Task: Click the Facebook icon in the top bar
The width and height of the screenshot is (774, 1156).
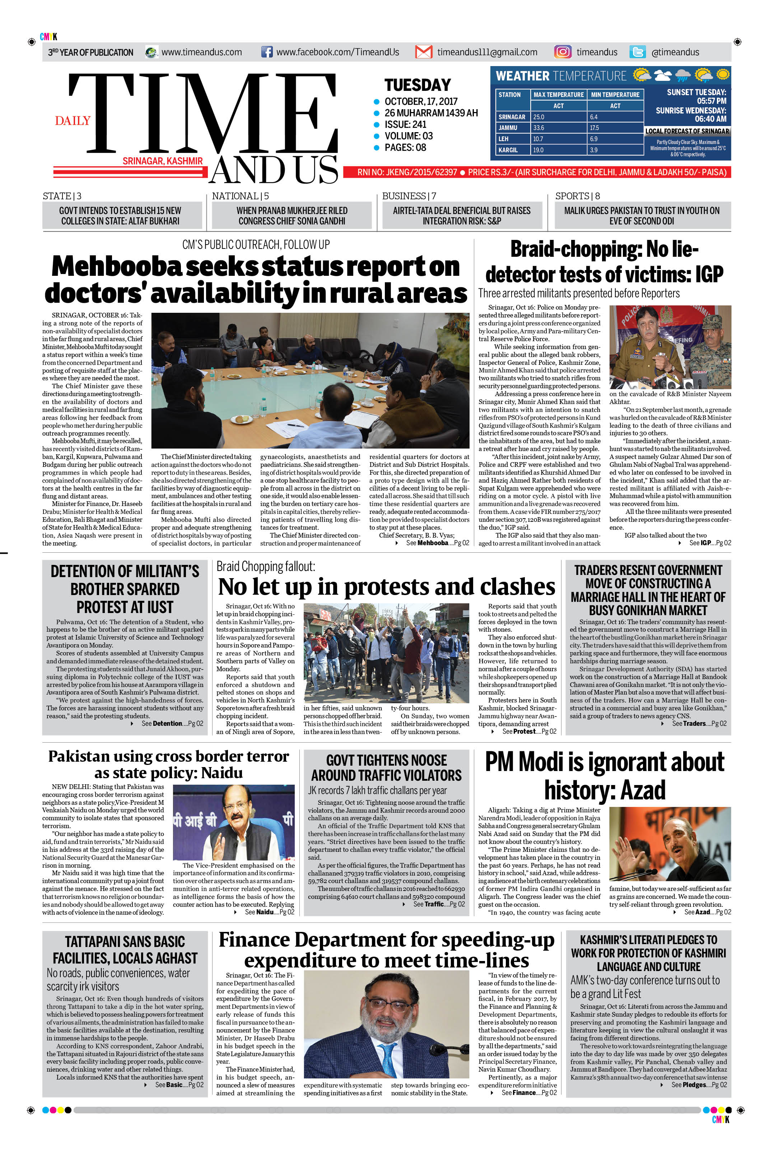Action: coord(266,52)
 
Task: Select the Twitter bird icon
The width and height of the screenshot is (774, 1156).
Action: coord(637,52)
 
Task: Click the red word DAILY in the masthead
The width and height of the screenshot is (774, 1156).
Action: coord(73,121)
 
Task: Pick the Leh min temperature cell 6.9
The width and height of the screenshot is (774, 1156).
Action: coord(593,139)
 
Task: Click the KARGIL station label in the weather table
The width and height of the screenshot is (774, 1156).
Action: coord(508,150)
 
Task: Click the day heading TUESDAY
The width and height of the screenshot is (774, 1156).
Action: coord(418,85)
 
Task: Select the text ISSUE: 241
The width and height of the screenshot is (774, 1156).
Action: coord(405,125)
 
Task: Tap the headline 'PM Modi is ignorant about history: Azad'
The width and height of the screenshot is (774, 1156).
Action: coord(604,776)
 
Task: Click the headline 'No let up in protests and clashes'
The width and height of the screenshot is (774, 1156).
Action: coord(387,587)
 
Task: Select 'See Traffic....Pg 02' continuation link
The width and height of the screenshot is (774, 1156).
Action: coord(439,904)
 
